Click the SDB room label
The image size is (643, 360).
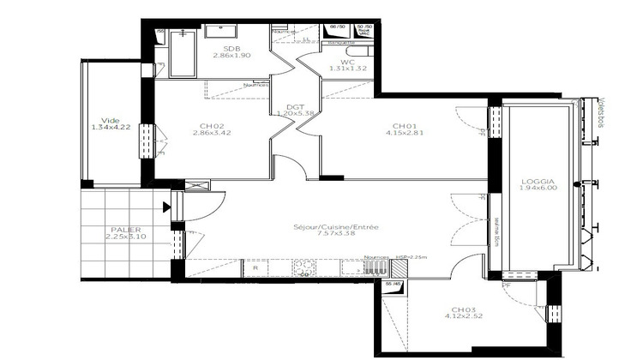(231, 49)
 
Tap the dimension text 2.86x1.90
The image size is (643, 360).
(231, 57)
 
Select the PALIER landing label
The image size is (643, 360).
(124, 230)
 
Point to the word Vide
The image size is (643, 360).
(110, 120)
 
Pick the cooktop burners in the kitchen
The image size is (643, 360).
(302, 268)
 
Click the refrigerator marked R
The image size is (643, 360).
(255, 268)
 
